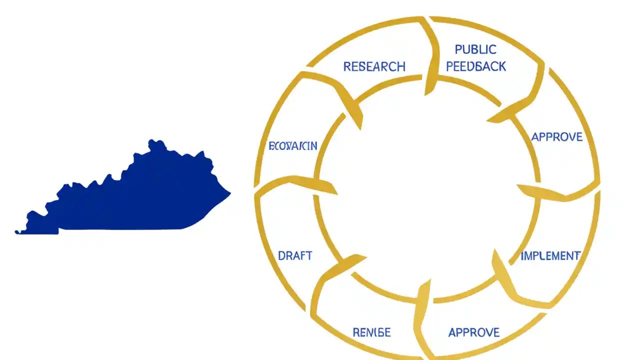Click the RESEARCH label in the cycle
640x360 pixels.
(x=374, y=66)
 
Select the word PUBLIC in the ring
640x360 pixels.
(x=475, y=49)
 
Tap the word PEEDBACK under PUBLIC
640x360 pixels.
(x=476, y=66)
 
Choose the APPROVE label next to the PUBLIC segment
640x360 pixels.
(x=556, y=137)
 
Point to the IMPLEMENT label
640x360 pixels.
(x=550, y=256)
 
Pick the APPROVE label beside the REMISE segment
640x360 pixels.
(x=473, y=332)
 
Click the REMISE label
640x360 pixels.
(x=371, y=332)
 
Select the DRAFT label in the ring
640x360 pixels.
(x=295, y=256)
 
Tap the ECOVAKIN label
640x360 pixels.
(x=293, y=146)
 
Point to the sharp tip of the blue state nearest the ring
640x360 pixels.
(x=230, y=193)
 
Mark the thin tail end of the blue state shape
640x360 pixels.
(x=17, y=232)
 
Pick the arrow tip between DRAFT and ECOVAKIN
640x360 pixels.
(x=336, y=192)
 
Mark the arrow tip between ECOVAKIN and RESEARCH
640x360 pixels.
(x=360, y=127)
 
